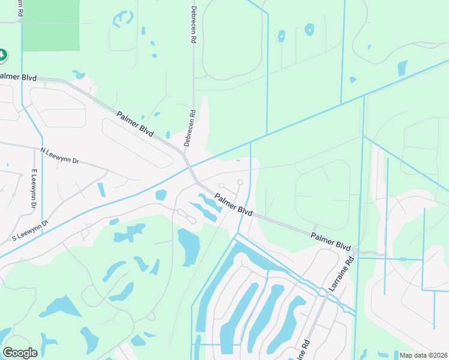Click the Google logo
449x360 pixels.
point(20,353)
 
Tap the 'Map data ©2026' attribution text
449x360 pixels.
point(423,355)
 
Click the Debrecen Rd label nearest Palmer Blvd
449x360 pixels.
point(190,128)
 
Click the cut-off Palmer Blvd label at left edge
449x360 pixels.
point(19,77)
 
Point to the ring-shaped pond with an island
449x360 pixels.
point(309,29)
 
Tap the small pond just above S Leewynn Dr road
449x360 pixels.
point(161,195)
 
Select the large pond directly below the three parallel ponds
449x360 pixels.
point(188,246)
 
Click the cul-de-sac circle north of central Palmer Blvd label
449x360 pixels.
point(240,182)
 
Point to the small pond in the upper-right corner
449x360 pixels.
point(402,68)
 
